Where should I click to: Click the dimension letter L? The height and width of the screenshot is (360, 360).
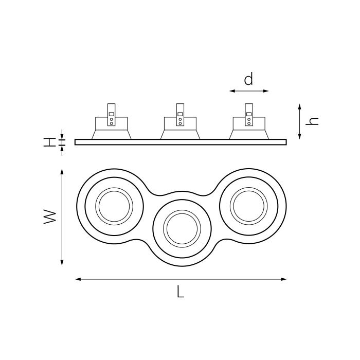pos(180,292)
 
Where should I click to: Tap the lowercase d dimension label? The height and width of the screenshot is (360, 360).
pos(248,80)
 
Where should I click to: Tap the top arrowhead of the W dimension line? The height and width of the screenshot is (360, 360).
pos(62,174)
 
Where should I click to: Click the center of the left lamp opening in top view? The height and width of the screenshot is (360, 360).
pos(114,206)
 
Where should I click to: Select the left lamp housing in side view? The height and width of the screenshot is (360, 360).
pos(111,129)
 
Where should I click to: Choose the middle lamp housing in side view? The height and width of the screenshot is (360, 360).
pos(180,129)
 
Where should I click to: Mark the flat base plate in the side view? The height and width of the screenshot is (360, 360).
pos(180,142)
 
